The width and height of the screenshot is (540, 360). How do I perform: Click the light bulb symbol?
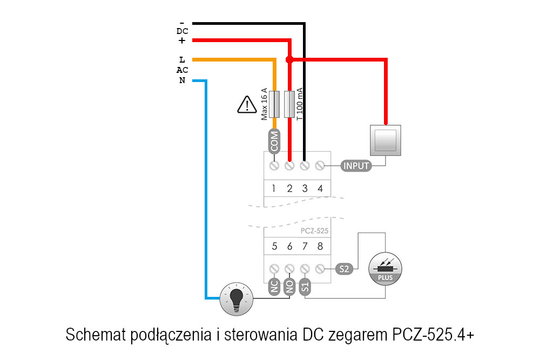coord(236,298)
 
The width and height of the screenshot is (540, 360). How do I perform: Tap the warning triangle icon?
coord(247,104)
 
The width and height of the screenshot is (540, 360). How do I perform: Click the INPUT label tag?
coord(356,166)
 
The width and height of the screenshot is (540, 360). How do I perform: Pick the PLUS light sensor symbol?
coord(385,268)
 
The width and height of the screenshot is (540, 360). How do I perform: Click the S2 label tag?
coord(345,268)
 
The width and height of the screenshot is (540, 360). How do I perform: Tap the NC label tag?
coord(274,286)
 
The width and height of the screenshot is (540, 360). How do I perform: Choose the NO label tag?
coord(289,286)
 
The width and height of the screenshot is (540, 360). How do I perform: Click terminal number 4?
coord(320,188)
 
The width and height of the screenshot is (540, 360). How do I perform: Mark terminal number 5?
coord(274,247)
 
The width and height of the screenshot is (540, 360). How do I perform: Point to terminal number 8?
coord(320,247)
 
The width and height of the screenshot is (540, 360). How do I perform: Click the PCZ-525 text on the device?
coord(313,230)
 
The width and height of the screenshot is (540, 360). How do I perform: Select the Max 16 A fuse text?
coord(265,104)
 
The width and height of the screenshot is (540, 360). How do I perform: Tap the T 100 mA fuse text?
coord(300,104)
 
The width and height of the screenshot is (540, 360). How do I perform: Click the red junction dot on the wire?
coord(289,59)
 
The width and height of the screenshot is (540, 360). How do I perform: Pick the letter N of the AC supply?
coord(182,81)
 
